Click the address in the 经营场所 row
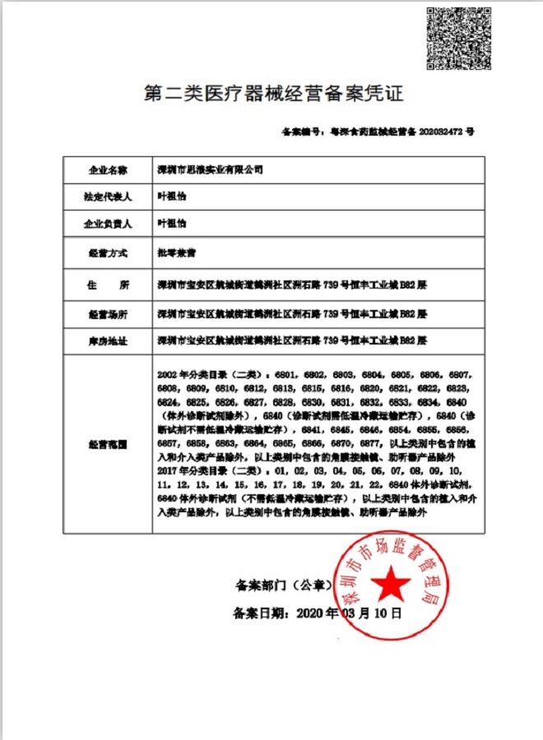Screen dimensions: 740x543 [291, 314]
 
